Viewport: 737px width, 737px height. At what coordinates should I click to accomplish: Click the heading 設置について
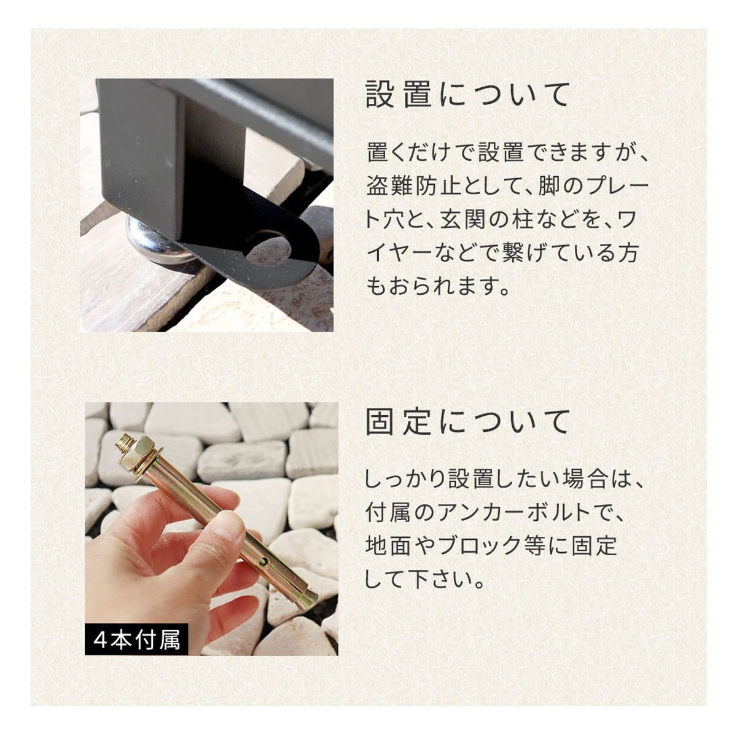tap(467, 94)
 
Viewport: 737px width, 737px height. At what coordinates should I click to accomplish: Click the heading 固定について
tap(467, 422)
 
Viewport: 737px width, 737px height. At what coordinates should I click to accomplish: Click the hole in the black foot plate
tap(268, 249)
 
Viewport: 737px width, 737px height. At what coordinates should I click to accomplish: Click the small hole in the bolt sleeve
tap(263, 561)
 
